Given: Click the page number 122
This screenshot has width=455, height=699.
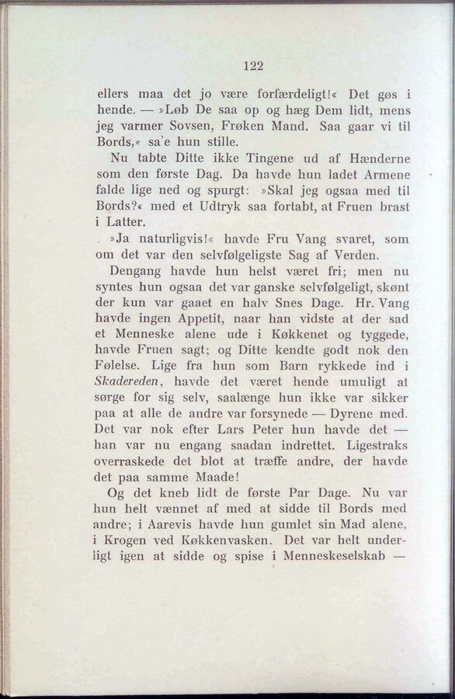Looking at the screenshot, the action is click(x=253, y=66).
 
